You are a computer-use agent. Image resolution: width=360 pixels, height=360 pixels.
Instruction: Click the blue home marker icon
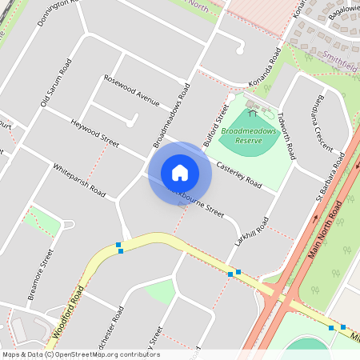180,173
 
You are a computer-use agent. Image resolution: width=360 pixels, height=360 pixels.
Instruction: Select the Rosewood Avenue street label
132,91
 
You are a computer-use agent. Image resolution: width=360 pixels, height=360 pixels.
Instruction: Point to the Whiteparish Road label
78,180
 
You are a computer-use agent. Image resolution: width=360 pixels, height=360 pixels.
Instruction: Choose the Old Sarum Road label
56,82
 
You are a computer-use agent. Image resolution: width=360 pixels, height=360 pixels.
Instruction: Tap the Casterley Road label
238,175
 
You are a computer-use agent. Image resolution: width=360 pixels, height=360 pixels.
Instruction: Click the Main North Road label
324,235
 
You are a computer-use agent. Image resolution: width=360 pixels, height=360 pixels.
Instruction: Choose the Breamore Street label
39,274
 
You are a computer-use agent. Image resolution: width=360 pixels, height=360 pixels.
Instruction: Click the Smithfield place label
341,58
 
